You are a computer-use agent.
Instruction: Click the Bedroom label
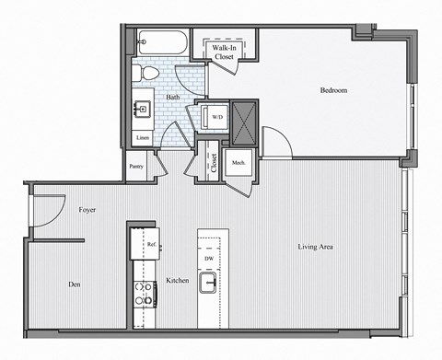332,90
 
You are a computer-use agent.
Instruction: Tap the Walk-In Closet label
224,52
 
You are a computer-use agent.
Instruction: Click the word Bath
172,97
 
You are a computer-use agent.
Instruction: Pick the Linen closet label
142,138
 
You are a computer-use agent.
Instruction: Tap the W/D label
217,118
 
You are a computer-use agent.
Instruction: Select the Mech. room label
238,164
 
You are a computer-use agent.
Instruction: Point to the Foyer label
88,210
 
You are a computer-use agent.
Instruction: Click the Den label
75,285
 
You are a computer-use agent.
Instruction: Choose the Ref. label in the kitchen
150,244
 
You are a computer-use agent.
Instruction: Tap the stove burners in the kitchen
145,293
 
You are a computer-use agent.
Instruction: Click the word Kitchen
178,280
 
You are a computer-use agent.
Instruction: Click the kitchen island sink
209,286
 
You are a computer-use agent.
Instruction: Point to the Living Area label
315,247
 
